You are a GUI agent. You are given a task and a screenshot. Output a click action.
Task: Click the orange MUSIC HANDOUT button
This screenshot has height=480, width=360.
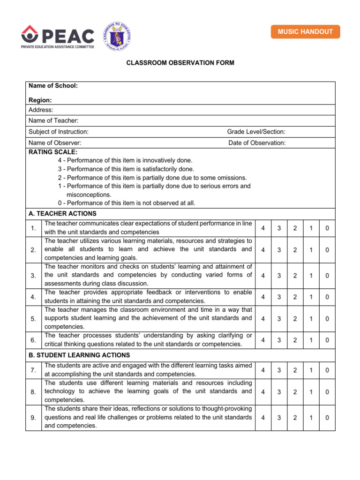click(305, 32)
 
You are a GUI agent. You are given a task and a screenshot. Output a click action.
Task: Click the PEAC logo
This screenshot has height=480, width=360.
click(58, 36)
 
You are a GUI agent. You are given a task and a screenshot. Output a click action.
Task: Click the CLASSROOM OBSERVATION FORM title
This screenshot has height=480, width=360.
click(180, 63)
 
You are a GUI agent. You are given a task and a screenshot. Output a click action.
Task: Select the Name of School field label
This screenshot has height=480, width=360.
click(53, 86)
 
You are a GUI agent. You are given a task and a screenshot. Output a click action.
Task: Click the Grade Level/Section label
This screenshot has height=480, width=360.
click(256, 132)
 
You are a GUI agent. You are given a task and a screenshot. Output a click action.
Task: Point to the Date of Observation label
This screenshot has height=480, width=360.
click(256, 143)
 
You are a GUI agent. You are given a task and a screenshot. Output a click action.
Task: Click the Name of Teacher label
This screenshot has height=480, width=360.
click(53, 121)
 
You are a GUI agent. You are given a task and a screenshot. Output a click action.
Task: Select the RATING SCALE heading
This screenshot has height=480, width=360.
click(53, 152)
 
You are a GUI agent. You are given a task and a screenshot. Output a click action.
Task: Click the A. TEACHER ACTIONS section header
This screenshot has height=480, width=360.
click(62, 213)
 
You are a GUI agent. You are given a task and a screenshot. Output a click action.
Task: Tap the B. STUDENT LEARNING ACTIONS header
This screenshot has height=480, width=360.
click(79, 355)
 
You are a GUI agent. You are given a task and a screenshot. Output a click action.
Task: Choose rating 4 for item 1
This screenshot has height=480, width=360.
click(263, 228)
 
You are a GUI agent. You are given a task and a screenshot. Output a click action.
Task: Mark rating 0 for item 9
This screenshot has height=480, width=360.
click(327, 418)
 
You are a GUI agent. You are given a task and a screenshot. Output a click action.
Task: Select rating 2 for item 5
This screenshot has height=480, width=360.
click(295, 319)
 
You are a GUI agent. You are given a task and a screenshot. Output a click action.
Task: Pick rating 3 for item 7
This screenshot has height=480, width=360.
click(279, 370)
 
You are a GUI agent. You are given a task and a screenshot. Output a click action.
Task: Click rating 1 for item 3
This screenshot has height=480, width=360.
click(311, 276)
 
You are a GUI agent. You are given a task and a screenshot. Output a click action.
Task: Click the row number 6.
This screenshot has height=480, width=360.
click(33, 340)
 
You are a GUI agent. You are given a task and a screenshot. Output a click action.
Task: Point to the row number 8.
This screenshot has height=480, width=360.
click(33, 392)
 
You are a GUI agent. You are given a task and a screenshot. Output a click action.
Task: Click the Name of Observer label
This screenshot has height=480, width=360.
click(55, 143)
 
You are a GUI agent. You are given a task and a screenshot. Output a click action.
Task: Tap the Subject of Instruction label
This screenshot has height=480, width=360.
click(58, 132)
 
